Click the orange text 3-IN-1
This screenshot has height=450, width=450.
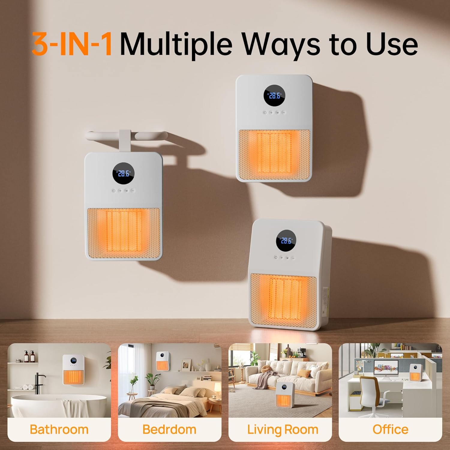tap(72, 44)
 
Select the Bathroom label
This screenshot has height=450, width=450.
tap(59, 429)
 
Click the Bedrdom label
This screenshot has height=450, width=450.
tap(169, 429)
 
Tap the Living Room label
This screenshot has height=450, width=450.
tap(283, 430)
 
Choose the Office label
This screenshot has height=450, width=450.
tap(390, 429)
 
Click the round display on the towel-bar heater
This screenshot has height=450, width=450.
tap(123, 173)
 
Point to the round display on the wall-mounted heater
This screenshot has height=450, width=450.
tap(274, 95)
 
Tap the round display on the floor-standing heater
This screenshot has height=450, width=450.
tap(286, 241)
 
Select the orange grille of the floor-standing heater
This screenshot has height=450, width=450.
tap(283, 300)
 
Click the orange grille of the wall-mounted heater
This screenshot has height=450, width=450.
tap(274, 155)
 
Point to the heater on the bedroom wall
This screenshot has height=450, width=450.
tap(163, 361)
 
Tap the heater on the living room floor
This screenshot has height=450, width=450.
tap(284, 394)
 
